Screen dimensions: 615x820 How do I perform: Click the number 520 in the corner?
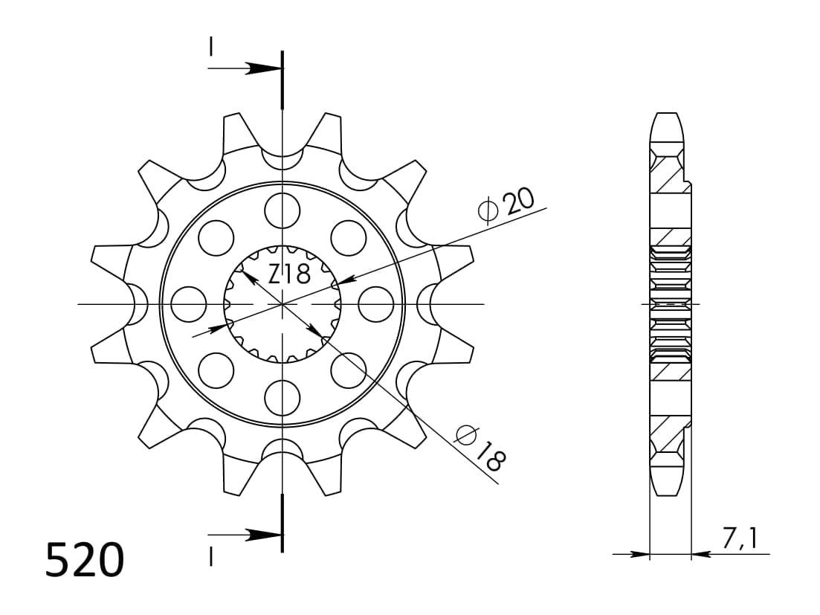point(84,560)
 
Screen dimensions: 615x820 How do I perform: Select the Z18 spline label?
point(289,274)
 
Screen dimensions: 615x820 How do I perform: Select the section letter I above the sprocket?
point(211,48)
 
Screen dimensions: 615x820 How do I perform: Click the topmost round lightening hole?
point(283,210)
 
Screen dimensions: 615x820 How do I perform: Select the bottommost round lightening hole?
point(283,397)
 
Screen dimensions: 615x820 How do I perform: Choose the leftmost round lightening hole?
point(189,304)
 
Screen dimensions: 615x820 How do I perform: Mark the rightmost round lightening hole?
point(375,304)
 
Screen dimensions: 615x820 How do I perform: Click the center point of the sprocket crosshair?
point(283,304)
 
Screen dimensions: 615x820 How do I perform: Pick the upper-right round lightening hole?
point(349,238)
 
